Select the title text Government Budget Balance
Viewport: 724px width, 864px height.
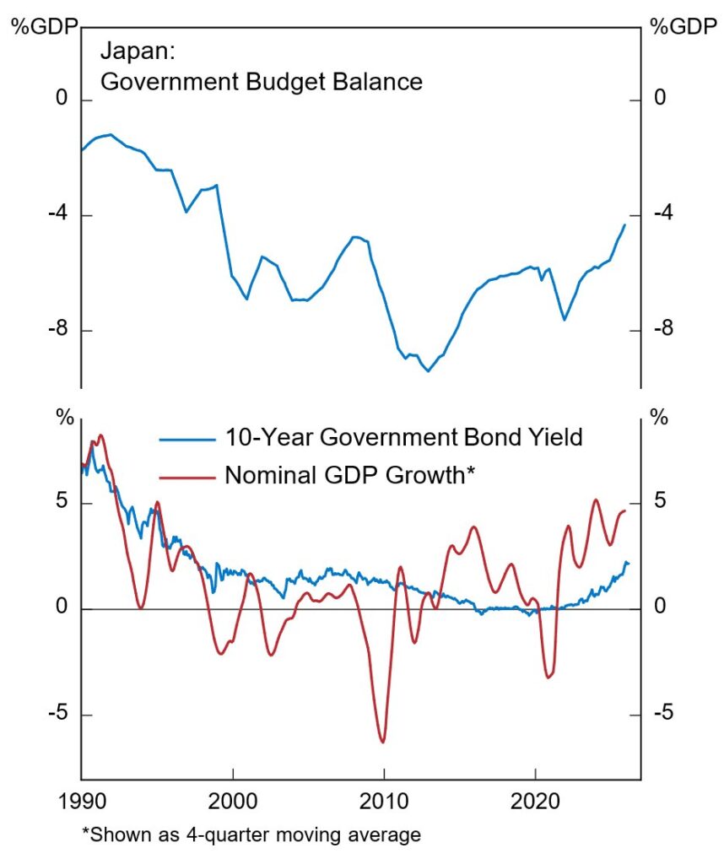pyautogui.click(x=261, y=82)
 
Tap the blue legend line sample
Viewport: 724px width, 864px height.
pyautogui.click(x=186, y=438)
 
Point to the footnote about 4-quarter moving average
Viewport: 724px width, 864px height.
pyautogui.click(x=251, y=835)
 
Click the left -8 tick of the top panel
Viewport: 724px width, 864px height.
pyautogui.click(x=57, y=330)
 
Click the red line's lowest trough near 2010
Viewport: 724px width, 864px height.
pyautogui.click(x=383, y=742)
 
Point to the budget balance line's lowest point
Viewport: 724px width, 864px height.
pyautogui.click(x=428, y=370)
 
